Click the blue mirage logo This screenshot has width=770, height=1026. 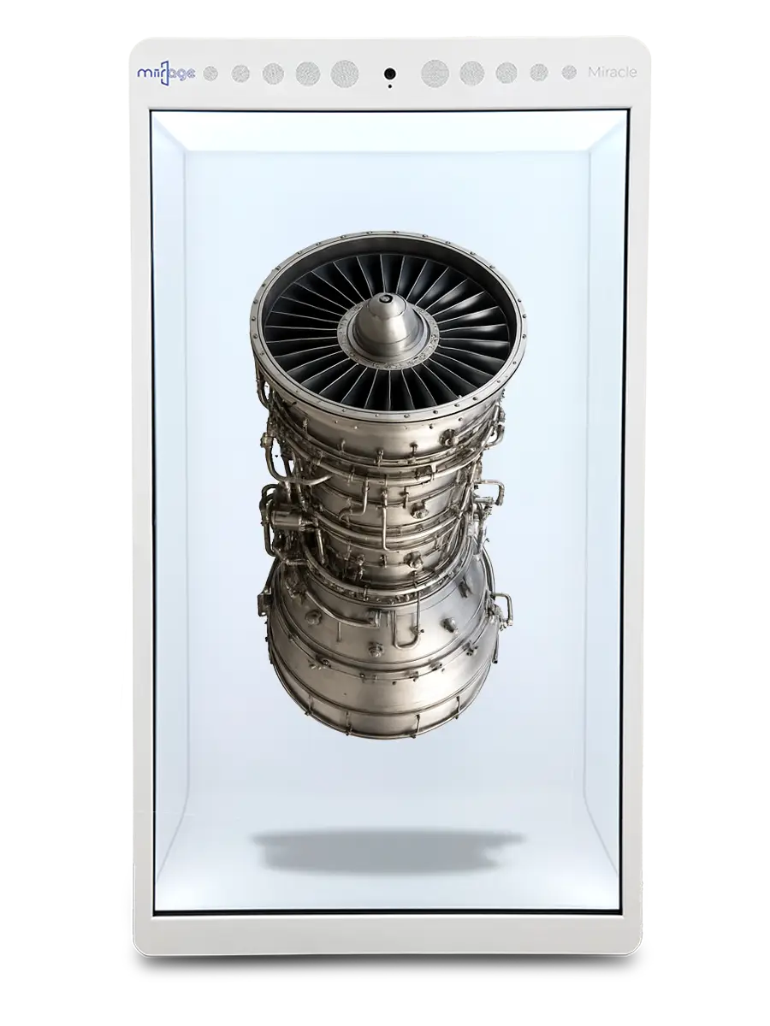pos(166,74)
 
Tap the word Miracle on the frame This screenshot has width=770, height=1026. pos(613,73)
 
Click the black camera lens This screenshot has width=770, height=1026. pos(390,74)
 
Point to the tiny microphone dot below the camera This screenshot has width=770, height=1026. pos(390,86)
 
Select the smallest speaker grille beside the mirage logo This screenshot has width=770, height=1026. pos(210,74)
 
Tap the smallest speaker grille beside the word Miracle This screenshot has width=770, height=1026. pos(569,73)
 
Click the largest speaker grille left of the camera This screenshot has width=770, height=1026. pos(345,74)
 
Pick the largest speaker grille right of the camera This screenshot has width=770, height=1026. pos(435,74)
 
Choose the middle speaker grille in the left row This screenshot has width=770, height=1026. pos(273,74)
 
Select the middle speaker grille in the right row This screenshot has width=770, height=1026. pos(506,74)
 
